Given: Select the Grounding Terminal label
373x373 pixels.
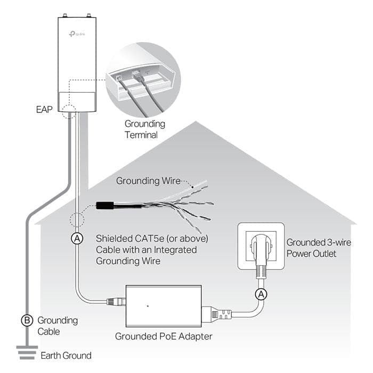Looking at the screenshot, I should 144,129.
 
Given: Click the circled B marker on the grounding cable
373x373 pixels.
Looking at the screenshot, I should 26,320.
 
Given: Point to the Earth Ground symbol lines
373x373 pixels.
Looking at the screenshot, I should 23,352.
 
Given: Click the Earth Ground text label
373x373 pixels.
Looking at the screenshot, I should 66,355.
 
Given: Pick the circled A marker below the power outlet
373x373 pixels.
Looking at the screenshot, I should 261,294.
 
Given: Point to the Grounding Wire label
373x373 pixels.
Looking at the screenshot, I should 148,181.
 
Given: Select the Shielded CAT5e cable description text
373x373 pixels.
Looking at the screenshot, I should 151,249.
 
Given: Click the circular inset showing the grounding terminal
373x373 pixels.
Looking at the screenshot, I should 143,79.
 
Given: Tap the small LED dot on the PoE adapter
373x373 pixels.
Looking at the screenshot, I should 147,306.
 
